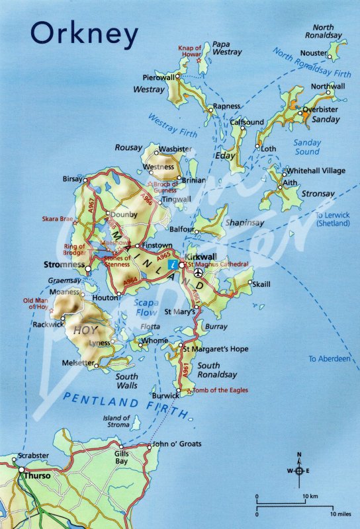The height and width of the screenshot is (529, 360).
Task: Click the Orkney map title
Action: [x=83, y=34]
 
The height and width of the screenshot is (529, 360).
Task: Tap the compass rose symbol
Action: [x=299, y=470]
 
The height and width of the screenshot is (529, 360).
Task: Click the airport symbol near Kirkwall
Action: [x=199, y=272]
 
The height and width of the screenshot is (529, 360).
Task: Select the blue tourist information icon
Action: [x=173, y=264]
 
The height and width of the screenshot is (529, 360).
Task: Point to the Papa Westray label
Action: [x=226, y=48]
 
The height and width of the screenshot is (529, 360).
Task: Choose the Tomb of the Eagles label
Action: [x=220, y=390]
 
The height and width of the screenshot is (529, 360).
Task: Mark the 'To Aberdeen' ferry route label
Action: [x=329, y=359]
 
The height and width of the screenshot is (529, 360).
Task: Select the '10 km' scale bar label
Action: [x=310, y=497]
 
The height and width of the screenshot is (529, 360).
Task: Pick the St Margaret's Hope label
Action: [x=214, y=348]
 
